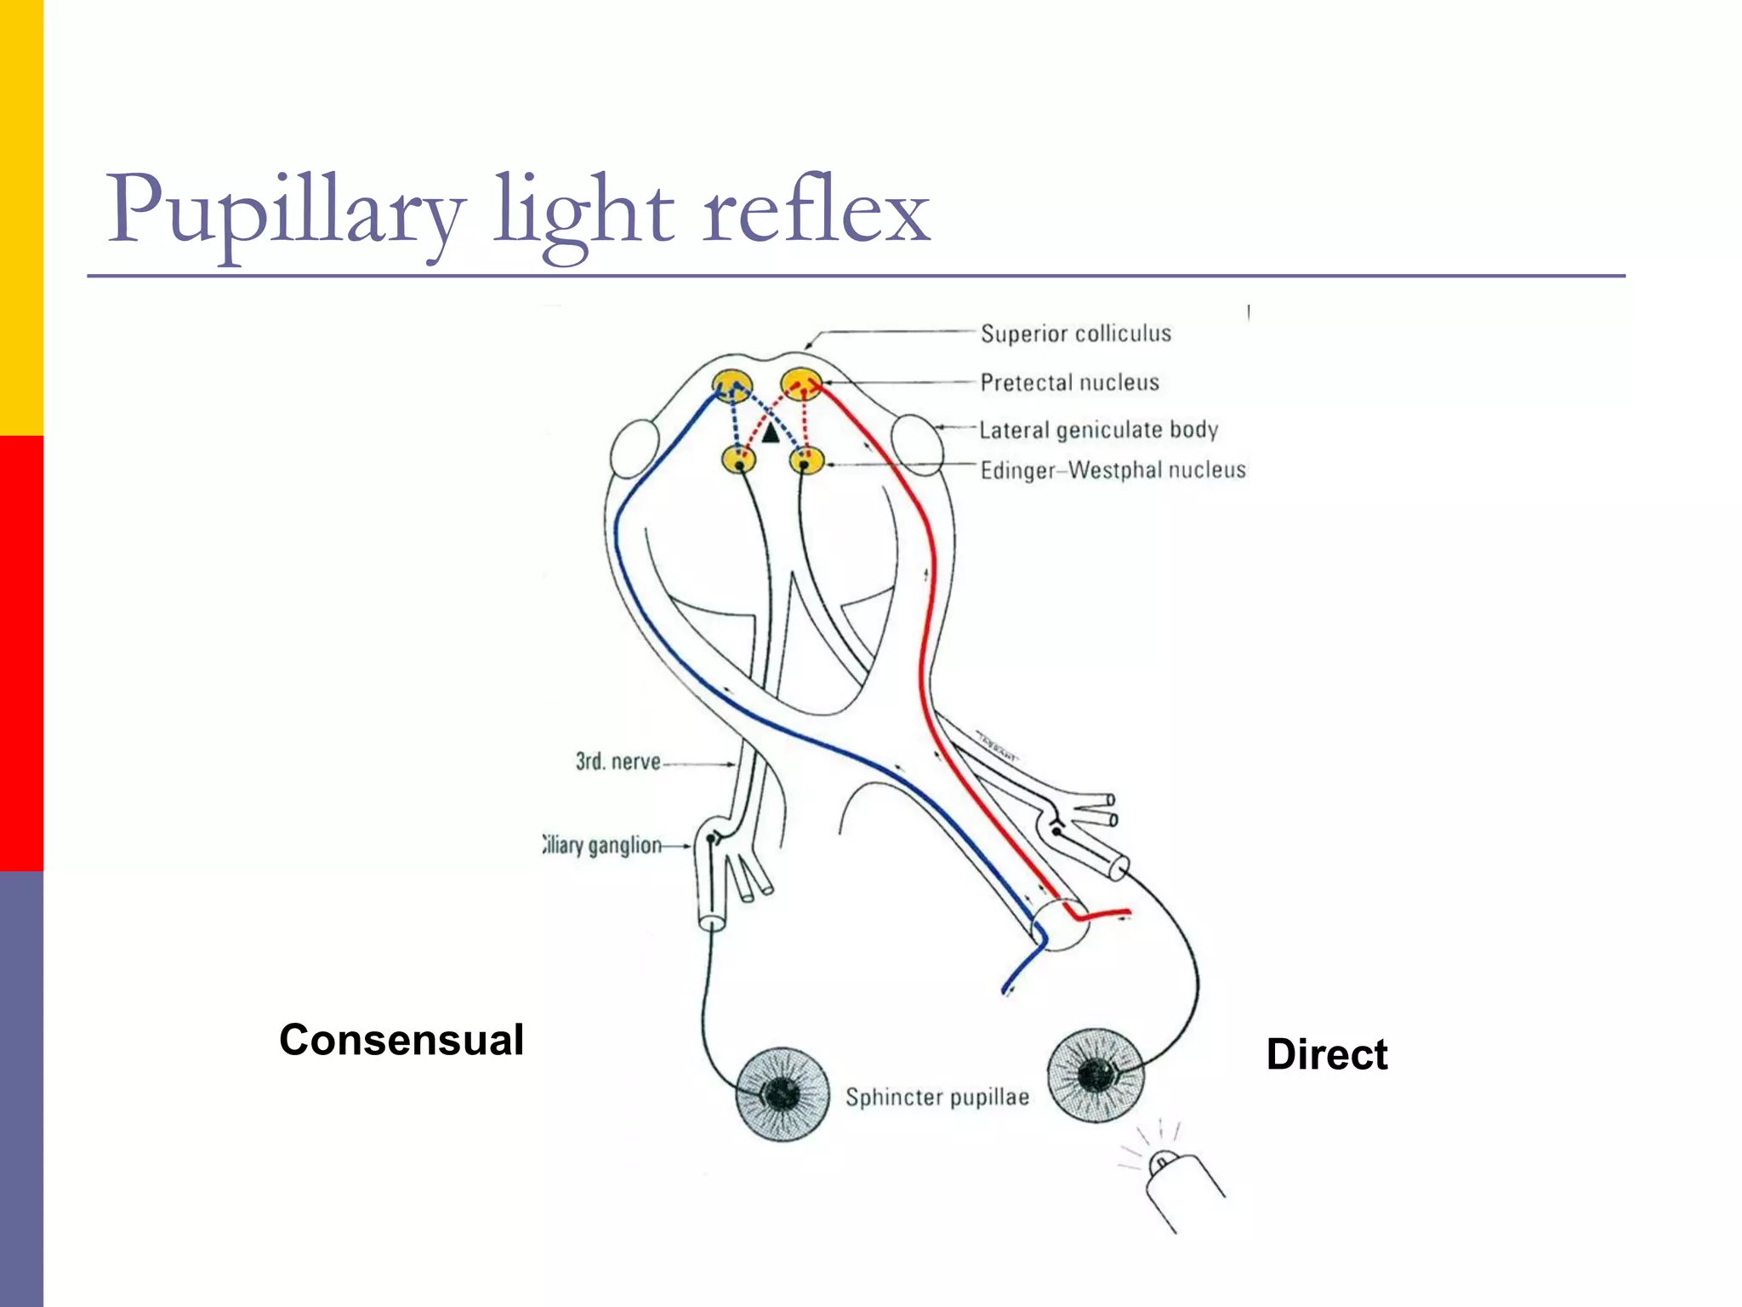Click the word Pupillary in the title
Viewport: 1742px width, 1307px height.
click(285, 213)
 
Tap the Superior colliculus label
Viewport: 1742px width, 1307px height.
click(1075, 334)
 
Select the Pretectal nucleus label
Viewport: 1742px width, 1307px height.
click(1069, 382)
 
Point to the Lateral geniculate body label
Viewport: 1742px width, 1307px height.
click(1098, 430)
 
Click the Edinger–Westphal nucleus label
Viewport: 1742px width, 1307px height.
click(1113, 470)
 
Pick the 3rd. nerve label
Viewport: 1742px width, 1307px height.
click(618, 761)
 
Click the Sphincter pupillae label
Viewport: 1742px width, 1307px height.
click(936, 1097)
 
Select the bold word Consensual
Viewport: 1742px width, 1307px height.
click(401, 1040)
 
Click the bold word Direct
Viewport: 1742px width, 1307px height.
click(1326, 1054)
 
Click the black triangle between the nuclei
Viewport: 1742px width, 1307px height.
click(770, 434)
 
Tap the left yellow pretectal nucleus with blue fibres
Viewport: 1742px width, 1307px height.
click(732, 385)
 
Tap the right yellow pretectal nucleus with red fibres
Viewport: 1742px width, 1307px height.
click(800, 384)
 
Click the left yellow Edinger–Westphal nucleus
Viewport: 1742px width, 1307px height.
click(738, 460)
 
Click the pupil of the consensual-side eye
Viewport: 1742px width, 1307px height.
click(781, 1093)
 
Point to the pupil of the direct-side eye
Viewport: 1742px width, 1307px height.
click(1094, 1075)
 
